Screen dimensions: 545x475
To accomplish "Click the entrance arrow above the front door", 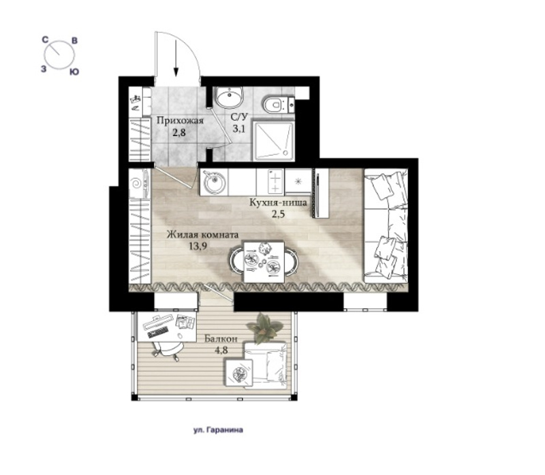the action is click(x=176, y=58).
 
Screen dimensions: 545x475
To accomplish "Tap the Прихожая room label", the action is click(x=180, y=121).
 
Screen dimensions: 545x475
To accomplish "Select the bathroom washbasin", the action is click(x=230, y=97).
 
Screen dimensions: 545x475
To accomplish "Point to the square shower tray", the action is click(x=274, y=141).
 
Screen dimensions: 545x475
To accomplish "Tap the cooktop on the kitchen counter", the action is click(x=275, y=182).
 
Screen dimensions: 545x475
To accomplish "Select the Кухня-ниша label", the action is click(x=278, y=202).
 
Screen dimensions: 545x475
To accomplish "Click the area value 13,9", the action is click(x=198, y=246).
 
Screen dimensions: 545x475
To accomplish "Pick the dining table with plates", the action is click(x=264, y=262).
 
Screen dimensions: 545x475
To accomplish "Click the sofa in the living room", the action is click(x=386, y=226).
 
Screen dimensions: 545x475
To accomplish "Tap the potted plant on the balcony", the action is click(x=264, y=329).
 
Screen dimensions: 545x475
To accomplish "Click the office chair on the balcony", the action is click(x=168, y=349).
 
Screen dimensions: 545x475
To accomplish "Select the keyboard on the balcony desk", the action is click(x=158, y=332).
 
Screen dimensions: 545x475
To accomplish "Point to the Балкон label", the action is click(x=221, y=338).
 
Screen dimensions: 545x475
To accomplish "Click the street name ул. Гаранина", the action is click(x=218, y=430).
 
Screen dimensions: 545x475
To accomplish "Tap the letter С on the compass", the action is click(x=45, y=40).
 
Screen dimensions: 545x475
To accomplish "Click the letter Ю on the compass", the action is click(x=74, y=72).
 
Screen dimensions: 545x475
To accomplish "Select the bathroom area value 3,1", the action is click(x=239, y=129).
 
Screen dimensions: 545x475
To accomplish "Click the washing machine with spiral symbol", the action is click(x=139, y=184).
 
